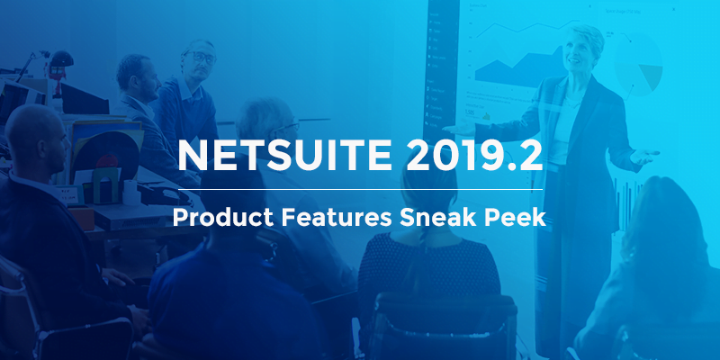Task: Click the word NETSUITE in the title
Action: click(x=284, y=155)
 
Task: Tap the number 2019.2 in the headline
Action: click(x=474, y=155)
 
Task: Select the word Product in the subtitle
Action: click(x=222, y=217)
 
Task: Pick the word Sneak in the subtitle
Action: click(x=435, y=217)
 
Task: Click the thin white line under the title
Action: click(x=360, y=189)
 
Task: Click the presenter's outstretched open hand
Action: click(x=644, y=157)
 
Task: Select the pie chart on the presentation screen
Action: click(x=639, y=63)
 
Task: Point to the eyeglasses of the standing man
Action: click(x=201, y=57)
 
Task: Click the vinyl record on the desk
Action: click(x=105, y=155)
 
